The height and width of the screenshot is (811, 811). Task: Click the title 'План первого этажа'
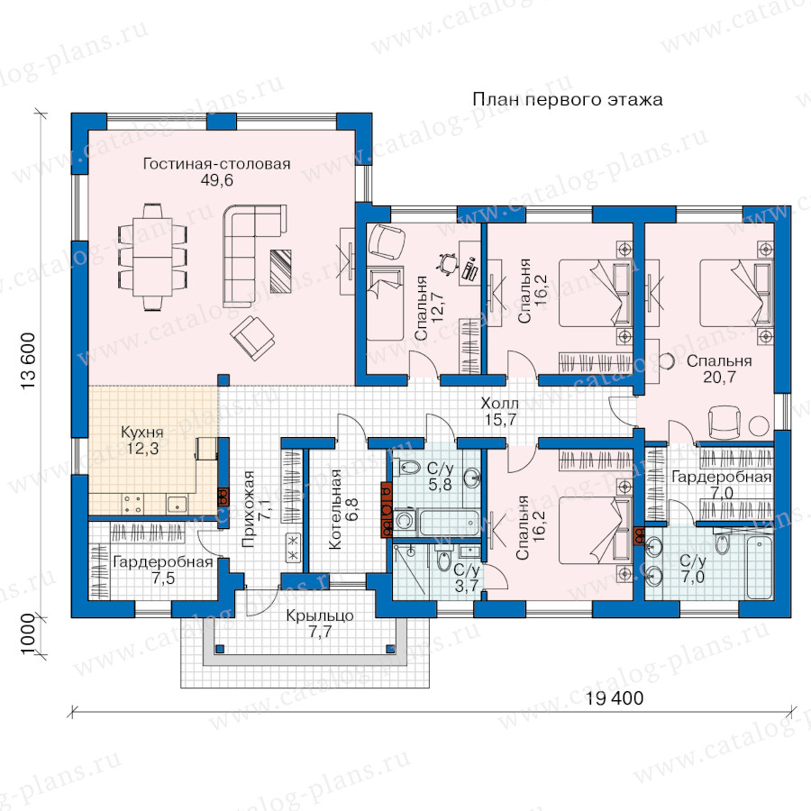568,99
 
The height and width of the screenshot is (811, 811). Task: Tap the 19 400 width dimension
615,698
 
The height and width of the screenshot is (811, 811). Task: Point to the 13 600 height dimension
29,361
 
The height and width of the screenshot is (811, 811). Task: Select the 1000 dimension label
28,634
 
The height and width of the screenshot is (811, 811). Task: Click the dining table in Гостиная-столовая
152,257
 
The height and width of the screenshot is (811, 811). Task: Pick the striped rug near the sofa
281,271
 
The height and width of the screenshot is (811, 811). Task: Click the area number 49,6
216,180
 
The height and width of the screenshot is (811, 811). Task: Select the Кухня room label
141,432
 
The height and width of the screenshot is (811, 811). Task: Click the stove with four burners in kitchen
132,504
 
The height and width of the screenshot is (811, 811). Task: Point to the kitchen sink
177,504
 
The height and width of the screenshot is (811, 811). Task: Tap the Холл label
499,403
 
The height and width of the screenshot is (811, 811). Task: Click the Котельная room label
335,509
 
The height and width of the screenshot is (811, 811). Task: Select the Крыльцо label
320,615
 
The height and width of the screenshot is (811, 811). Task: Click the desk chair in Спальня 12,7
448,264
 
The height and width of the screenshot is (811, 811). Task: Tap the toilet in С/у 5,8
408,469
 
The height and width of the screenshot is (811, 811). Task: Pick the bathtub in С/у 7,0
759,567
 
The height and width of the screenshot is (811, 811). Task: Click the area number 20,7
719,378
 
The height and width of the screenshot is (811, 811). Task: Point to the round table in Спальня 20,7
759,425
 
